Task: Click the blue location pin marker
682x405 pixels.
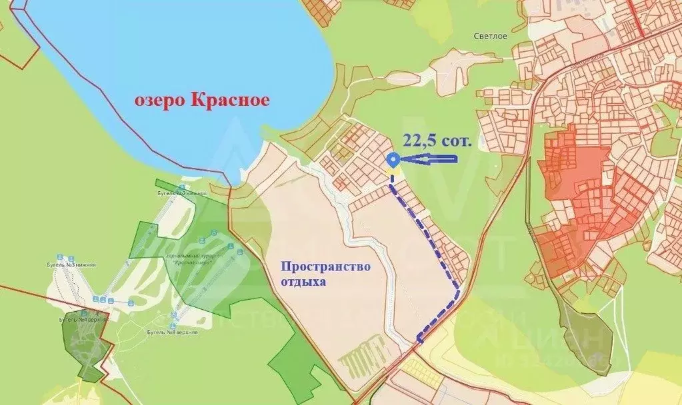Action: click(393, 160)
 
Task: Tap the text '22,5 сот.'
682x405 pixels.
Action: click(437, 141)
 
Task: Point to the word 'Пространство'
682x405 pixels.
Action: click(325, 266)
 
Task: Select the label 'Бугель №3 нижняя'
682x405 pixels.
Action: click(77, 264)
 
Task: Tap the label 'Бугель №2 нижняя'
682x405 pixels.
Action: click(187, 193)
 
